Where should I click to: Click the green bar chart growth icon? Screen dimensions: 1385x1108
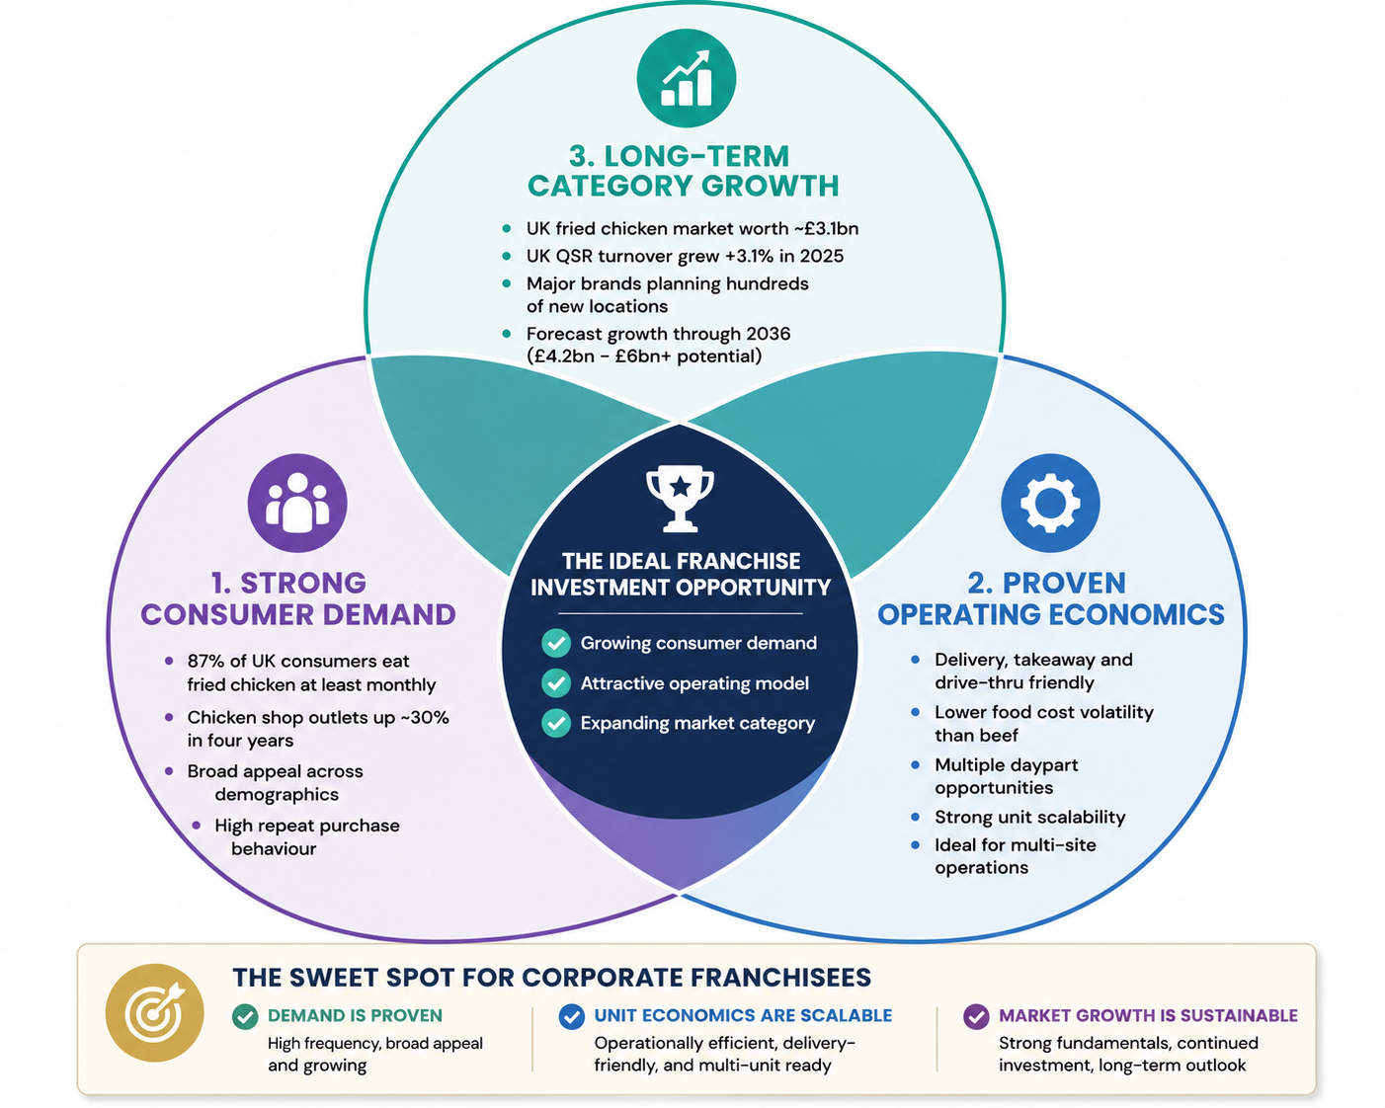coord(686,78)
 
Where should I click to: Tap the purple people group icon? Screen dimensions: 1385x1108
coord(297,503)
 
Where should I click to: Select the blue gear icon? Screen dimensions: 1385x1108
coord(1050,503)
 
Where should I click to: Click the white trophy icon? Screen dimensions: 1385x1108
coord(681,499)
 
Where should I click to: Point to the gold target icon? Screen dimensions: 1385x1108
coord(154,1013)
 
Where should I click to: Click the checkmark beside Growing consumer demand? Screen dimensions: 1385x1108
coord(556,643)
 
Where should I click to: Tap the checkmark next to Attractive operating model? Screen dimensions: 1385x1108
coord(556,682)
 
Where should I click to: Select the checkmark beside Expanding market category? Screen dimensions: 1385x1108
coord(556,723)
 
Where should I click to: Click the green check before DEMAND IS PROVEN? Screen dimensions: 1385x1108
coord(245,1016)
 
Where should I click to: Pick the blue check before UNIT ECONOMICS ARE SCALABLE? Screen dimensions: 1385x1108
coord(572,1016)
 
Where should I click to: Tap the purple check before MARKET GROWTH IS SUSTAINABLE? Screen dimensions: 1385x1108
coord(976,1016)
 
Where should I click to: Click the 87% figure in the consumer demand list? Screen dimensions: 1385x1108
coord(208,661)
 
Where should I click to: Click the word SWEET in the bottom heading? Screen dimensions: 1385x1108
coord(332,977)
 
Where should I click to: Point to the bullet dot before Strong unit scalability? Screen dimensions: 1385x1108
coord(915,817)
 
